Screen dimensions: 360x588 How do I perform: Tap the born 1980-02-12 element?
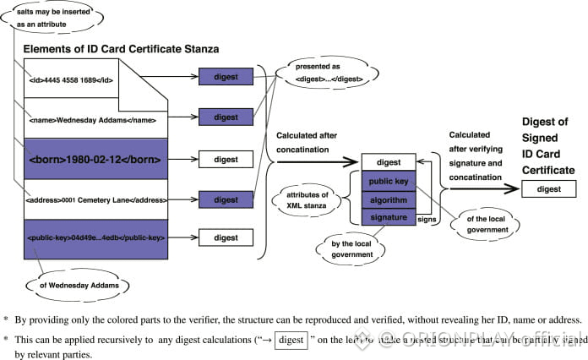pyautogui.click(x=94, y=158)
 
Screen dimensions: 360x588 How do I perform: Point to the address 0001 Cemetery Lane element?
pyautogui.click(x=95, y=199)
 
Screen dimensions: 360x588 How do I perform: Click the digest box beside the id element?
pyautogui.click(x=226, y=77)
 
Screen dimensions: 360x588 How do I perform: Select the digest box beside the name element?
pyautogui.click(x=226, y=117)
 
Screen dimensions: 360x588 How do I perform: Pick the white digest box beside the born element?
pyautogui.click(x=226, y=158)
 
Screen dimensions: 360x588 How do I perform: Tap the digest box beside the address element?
pyautogui.click(x=226, y=199)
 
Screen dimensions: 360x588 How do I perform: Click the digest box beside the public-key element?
pyautogui.click(x=226, y=238)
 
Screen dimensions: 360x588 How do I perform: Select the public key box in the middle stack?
pyautogui.click(x=389, y=181)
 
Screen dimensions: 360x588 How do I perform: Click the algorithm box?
pyautogui.click(x=389, y=199)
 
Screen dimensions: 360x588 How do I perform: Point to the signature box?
pyautogui.click(x=389, y=218)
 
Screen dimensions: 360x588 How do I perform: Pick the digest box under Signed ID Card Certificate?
pyautogui.click(x=548, y=189)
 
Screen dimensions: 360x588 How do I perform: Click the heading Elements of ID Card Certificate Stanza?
pyautogui.click(x=121, y=49)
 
